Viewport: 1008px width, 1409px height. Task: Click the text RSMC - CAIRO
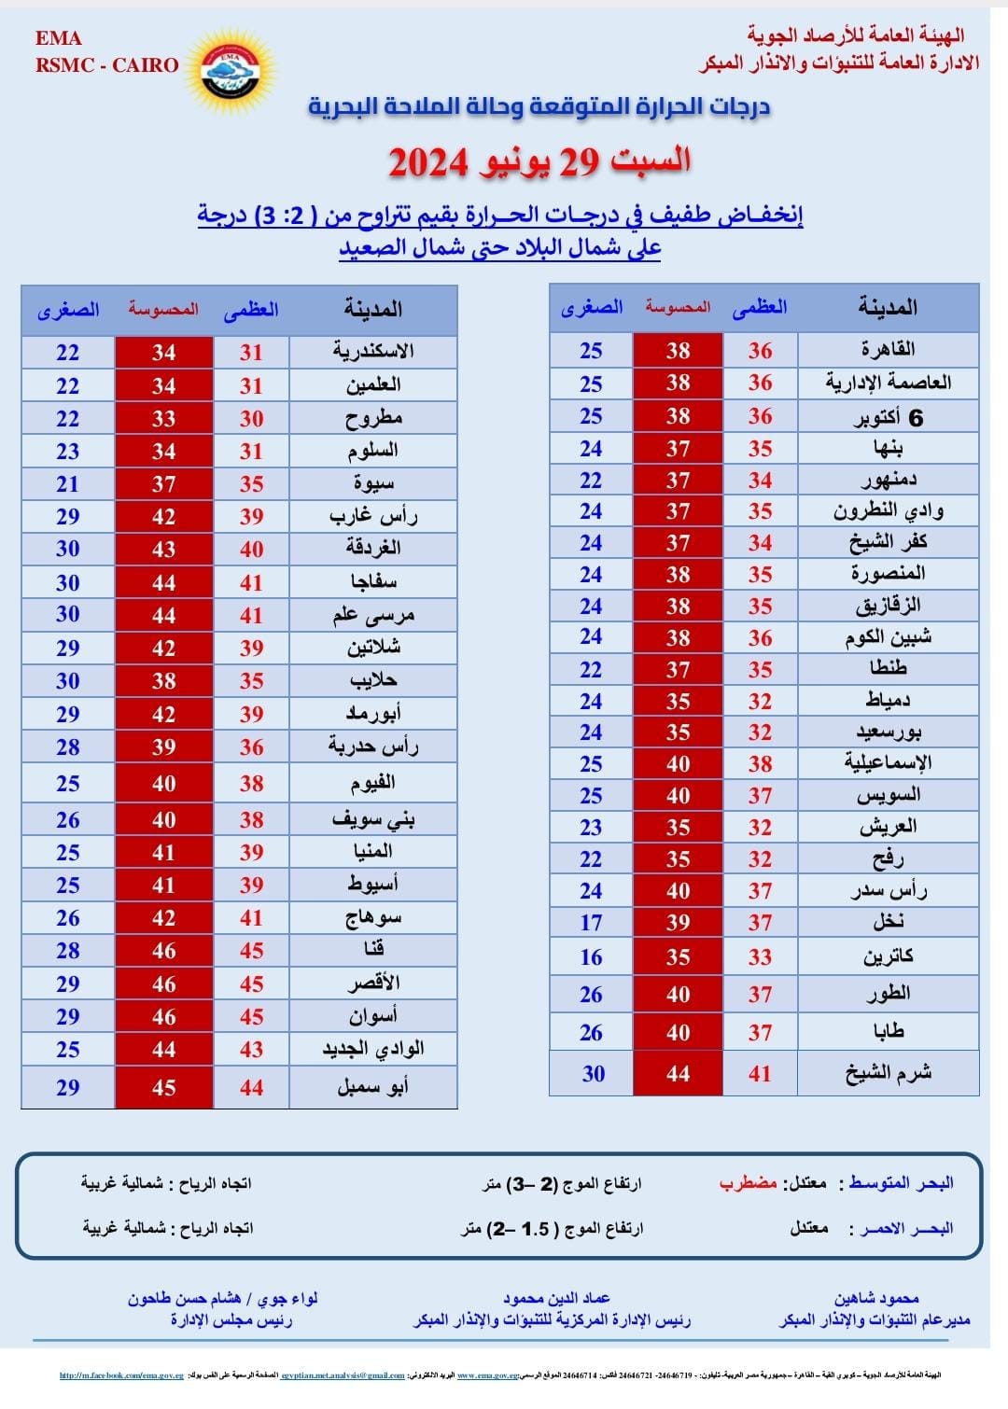coord(106,65)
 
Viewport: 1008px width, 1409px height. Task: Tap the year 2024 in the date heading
coord(427,162)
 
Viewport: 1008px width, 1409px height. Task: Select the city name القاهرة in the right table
coord(888,350)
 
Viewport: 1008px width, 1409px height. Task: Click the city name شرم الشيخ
coord(888,1073)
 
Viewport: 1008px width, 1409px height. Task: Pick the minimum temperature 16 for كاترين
coord(591,957)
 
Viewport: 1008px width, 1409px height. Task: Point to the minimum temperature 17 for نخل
coord(591,922)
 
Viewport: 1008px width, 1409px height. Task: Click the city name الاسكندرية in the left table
coord(373,352)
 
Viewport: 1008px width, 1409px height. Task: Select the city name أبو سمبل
coord(373,1087)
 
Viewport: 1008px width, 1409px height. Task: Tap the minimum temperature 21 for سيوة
coord(67,484)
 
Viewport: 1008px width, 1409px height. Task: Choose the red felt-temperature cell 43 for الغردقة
coord(164,550)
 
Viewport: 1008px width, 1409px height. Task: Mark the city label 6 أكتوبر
coord(888,417)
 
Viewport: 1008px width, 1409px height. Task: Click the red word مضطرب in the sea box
coord(748,1183)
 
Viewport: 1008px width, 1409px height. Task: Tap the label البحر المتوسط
coord(902,1183)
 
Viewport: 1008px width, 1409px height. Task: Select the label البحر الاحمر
coord(902,1228)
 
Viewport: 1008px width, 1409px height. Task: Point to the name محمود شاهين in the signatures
coord(876,1298)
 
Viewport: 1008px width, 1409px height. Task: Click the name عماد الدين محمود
coord(556,1298)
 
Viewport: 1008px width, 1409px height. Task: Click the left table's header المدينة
coord(373,309)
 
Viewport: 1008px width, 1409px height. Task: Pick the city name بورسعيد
coord(888,732)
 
